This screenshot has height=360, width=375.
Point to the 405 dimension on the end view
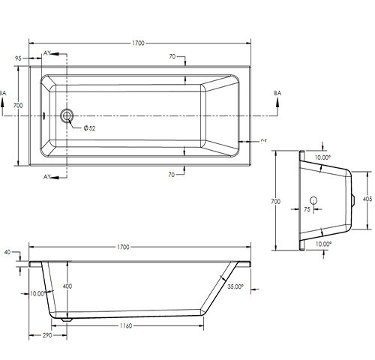[367, 199]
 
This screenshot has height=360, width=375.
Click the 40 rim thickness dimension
[7, 252]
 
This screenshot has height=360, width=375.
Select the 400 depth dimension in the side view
[68, 286]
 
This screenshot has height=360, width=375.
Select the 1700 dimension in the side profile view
[122, 247]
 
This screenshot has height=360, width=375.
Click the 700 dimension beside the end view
[276, 201]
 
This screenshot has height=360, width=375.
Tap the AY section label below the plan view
[47, 176]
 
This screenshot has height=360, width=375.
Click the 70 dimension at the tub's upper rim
[172, 57]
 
